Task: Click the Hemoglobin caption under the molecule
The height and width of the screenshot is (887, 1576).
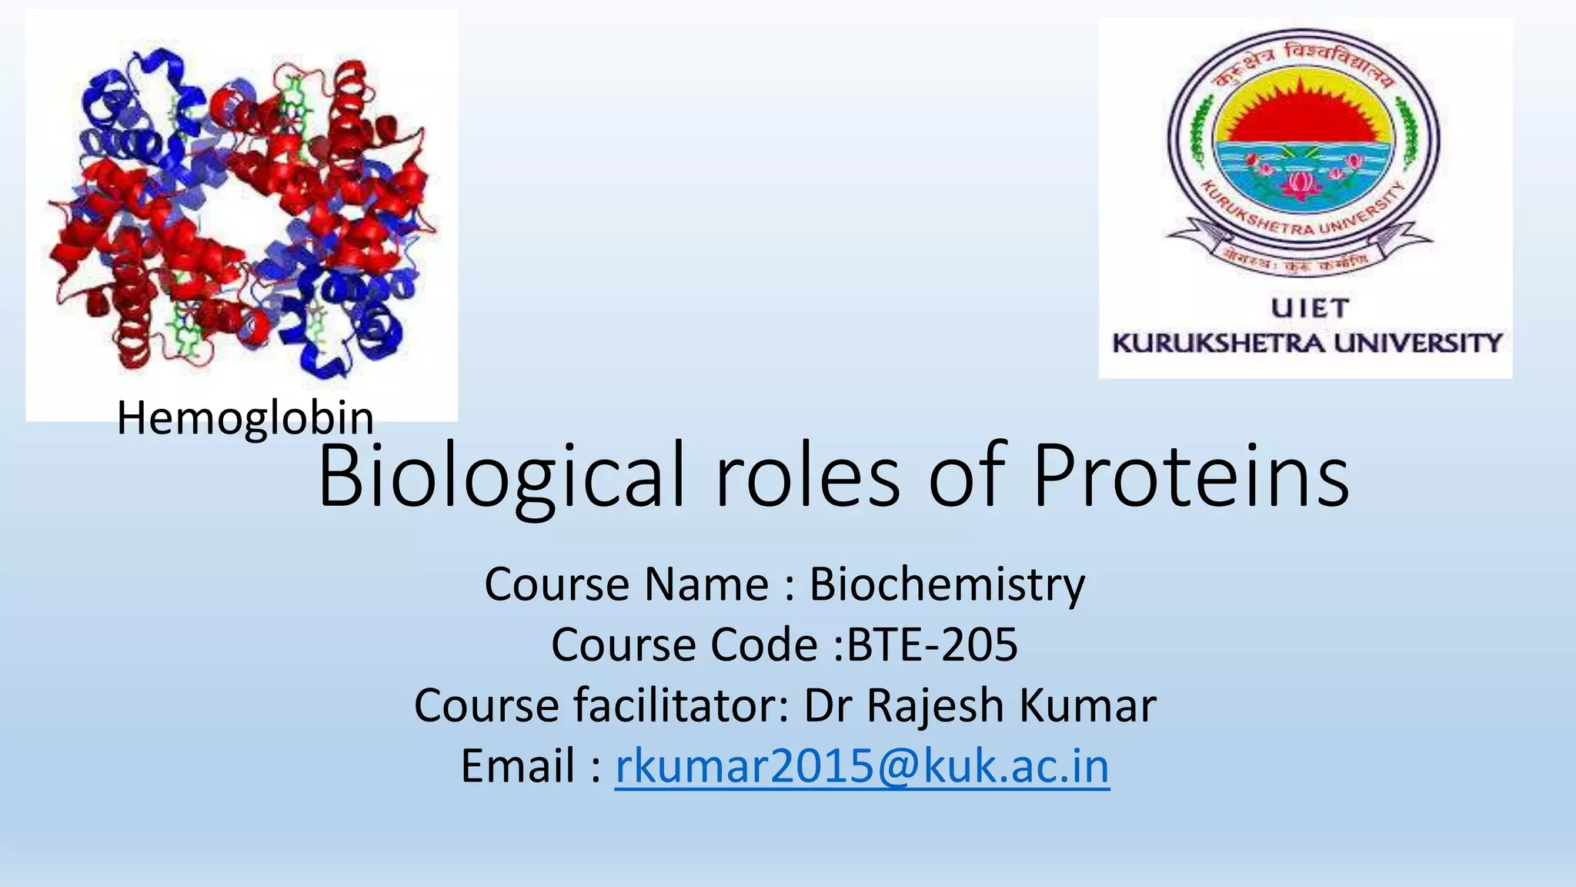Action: tap(245, 418)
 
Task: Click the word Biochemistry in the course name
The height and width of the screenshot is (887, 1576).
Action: tap(947, 584)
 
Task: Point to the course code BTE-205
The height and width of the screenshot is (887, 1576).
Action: tap(932, 644)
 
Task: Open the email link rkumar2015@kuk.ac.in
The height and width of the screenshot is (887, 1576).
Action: tap(862, 766)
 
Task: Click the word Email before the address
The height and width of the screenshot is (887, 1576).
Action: tap(518, 766)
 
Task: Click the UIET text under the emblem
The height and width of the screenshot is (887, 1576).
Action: tap(1309, 309)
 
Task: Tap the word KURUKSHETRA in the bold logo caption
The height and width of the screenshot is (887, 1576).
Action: tap(1220, 343)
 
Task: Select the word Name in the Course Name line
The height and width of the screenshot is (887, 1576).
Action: tap(706, 584)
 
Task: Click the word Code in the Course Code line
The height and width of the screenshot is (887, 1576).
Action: tap(763, 644)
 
